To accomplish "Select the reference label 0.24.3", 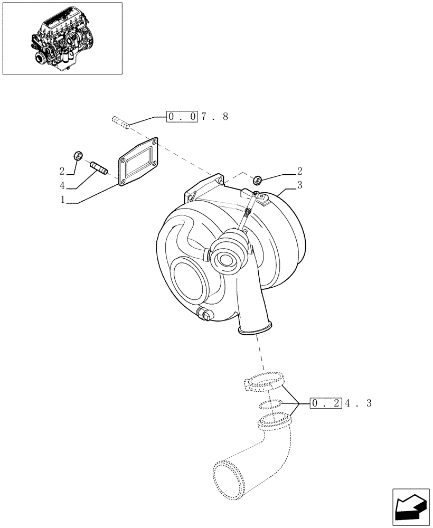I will coord(341,403).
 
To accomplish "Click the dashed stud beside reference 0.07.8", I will coord(121,122).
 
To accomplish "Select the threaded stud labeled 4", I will coord(98,167).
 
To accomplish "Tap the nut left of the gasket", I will coord(77,155).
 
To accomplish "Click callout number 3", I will coord(299,185).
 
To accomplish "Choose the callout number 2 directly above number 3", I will coord(299,171).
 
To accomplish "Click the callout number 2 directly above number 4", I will coord(62,171).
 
